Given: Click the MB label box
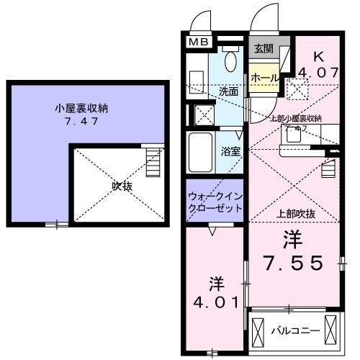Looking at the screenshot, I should (x=199, y=42).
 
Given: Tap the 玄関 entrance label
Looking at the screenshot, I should (x=263, y=49).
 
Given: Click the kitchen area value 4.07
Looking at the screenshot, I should (x=318, y=72).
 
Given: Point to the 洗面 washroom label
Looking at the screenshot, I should (x=229, y=92).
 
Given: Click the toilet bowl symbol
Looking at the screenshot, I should (x=230, y=60).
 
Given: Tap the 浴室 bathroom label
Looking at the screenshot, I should (x=230, y=153).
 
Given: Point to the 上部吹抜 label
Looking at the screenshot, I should (x=296, y=214).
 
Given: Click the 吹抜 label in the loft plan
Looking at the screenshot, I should (x=121, y=185).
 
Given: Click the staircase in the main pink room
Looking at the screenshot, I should (x=329, y=169).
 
